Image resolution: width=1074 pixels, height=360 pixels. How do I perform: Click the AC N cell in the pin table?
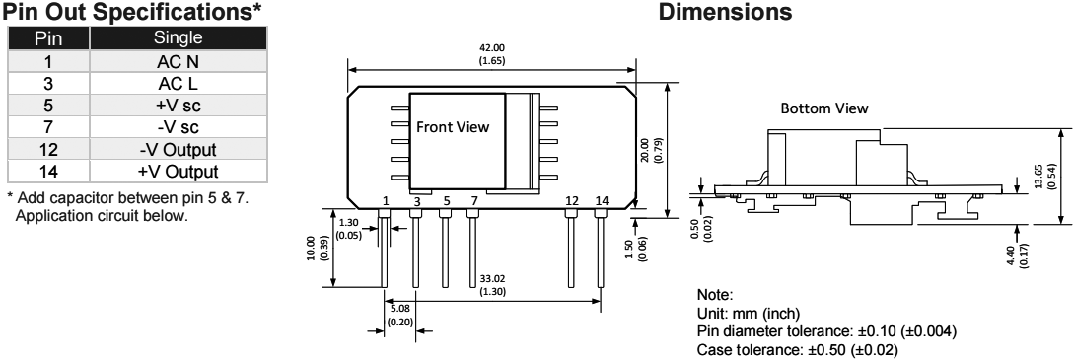[x=179, y=61]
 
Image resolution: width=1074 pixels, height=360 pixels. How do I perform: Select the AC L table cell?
[x=179, y=84]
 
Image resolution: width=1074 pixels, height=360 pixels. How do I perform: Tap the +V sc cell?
[x=179, y=106]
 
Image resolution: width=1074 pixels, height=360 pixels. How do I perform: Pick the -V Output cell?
[x=179, y=149]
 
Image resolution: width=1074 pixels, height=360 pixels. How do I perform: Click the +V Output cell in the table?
[x=179, y=171]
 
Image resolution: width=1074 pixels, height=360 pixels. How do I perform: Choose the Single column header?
[x=179, y=38]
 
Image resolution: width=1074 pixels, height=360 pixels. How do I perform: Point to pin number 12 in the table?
[x=48, y=149]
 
